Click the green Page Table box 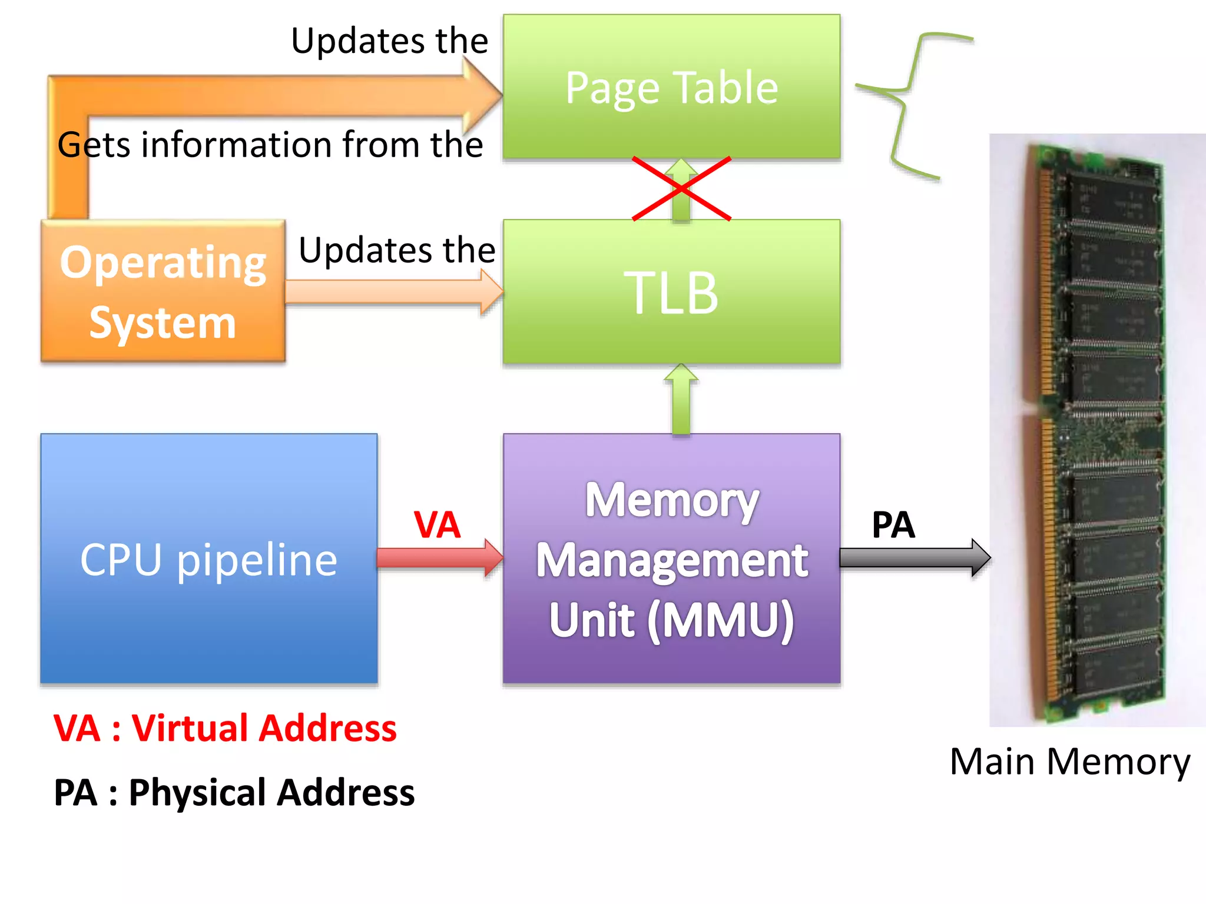point(671,87)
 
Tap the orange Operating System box point(163,291)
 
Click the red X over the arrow point(681,188)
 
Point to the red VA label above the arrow point(436,525)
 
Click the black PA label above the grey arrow point(893,525)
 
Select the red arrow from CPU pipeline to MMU point(439,557)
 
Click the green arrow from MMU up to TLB point(681,400)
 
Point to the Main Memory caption point(1069,762)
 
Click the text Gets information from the point(270,145)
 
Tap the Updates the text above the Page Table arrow point(389,41)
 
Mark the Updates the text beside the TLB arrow point(397,250)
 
